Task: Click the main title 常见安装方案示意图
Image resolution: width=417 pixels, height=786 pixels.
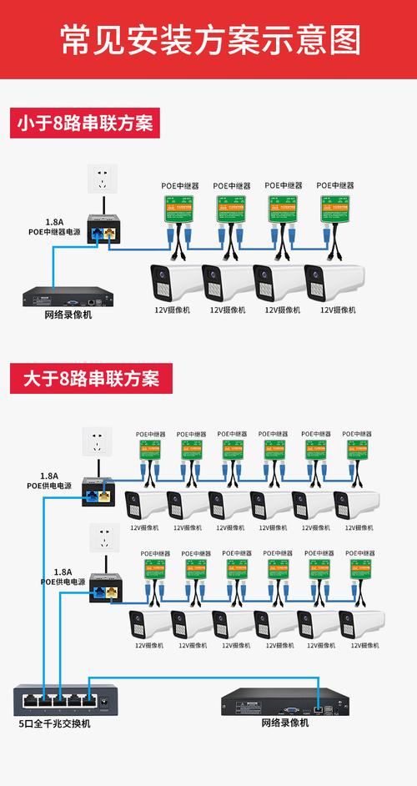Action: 208,40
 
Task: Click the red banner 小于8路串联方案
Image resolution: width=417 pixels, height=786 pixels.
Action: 84,124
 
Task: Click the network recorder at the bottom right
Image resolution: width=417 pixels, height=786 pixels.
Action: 284,702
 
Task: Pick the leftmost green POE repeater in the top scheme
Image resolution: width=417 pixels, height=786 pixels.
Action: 178,208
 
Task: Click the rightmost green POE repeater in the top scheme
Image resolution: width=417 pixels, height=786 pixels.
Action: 337,208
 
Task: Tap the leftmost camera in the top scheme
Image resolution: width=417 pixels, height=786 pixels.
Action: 176,282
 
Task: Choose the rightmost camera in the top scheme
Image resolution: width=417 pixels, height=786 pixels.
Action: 334,282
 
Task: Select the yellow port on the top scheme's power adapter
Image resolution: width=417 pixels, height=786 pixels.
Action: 110,234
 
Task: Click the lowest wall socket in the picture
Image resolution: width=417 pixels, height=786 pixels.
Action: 103,537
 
